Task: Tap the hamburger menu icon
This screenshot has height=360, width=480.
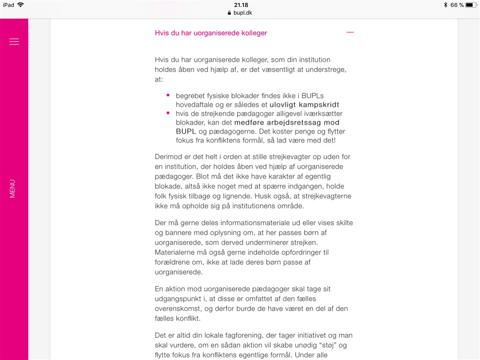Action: click(x=14, y=42)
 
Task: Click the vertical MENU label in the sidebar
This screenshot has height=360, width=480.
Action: click(x=13, y=188)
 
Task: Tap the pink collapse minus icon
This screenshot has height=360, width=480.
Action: click(x=350, y=32)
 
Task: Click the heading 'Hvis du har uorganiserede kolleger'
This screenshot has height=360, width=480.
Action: click(x=211, y=33)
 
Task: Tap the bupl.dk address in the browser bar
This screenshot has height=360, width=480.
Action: click(x=243, y=13)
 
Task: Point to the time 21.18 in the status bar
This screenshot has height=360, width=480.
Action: click(x=241, y=5)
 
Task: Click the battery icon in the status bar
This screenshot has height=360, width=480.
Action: click(x=471, y=5)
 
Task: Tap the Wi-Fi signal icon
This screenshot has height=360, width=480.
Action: click(x=21, y=5)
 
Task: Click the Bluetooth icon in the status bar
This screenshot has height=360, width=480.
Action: click(x=445, y=5)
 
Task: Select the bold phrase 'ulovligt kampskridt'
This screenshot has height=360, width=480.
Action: click(x=304, y=105)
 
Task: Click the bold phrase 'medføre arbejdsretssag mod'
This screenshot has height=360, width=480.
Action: click(x=287, y=122)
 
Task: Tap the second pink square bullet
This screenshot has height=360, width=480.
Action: click(x=168, y=113)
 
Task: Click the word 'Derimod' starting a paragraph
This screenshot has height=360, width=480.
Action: click(x=169, y=156)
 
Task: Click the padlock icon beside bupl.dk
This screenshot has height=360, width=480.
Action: click(x=229, y=13)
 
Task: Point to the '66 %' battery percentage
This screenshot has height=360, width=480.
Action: click(x=457, y=5)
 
